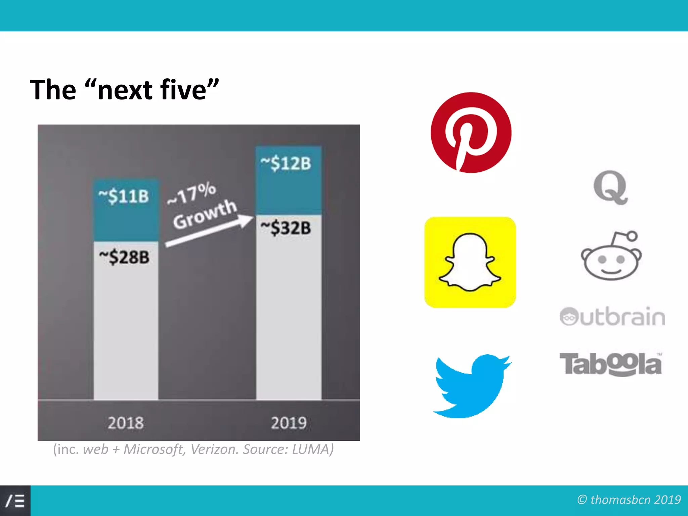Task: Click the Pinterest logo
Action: (471, 133)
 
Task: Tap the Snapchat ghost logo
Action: (470, 262)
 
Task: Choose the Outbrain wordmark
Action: (612, 316)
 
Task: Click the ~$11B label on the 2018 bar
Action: (124, 196)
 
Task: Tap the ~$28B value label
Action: (124, 257)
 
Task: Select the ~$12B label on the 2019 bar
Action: (286, 164)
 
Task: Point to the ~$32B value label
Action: (286, 228)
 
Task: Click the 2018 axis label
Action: (126, 423)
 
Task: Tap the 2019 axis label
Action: (289, 423)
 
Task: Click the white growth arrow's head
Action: (246, 221)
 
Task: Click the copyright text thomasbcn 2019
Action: (635, 500)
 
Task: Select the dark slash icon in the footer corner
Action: (15, 501)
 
